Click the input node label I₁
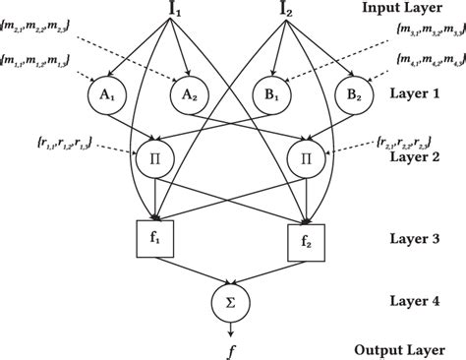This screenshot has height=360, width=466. click(x=180, y=14)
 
